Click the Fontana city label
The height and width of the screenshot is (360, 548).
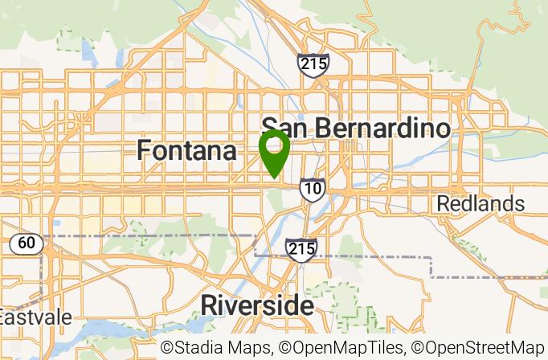click(x=186, y=150)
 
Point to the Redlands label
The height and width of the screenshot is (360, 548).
click(x=481, y=203)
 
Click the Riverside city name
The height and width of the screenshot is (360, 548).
click(x=256, y=305)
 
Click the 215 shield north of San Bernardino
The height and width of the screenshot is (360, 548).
click(x=312, y=65)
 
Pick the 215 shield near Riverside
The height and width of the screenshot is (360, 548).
click(x=301, y=248)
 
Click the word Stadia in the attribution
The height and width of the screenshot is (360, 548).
click(x=197, y=348)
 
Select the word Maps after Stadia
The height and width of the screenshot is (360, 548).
click(x=249, y=348)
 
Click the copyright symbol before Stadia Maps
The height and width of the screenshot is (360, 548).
click(x=167, y=349)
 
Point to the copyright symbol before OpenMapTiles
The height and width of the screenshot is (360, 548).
click(x=285, y=349)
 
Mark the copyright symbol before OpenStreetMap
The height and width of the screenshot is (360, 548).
click(x=418, y=349)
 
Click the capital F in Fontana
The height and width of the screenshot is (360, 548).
click(x=144, y=150)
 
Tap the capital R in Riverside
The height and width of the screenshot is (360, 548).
click(x=208, y=305)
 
